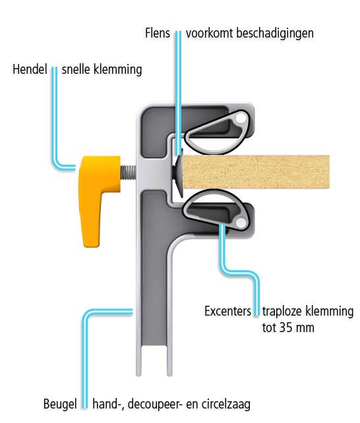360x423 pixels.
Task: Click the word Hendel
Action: point(30,69)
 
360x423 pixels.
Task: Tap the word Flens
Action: point(158,33)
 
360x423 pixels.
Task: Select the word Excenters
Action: point(227,311)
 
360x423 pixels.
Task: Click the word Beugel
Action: point(60,404)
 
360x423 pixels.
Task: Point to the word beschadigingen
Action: point(275,34)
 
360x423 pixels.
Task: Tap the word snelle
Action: point(76,69)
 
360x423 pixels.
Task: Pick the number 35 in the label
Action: point(285,327)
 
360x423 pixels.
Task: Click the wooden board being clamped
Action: point(256,172)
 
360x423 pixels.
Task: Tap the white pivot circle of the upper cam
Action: point(241,119)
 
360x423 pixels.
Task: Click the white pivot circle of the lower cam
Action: point(241,223)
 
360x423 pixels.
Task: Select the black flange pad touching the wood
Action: point(177,173)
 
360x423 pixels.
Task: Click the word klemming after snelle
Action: point(117,70)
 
